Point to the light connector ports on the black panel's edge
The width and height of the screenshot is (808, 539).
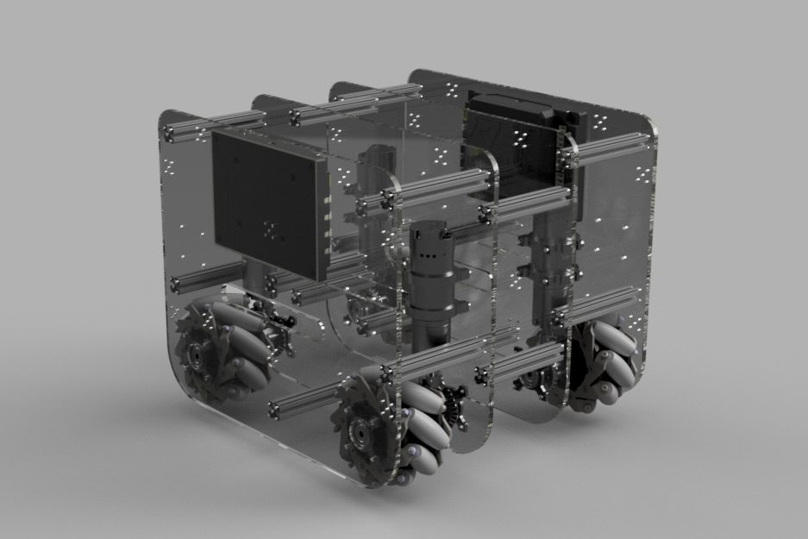[328, 216]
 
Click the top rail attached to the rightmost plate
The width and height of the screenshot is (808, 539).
[608, 152]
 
